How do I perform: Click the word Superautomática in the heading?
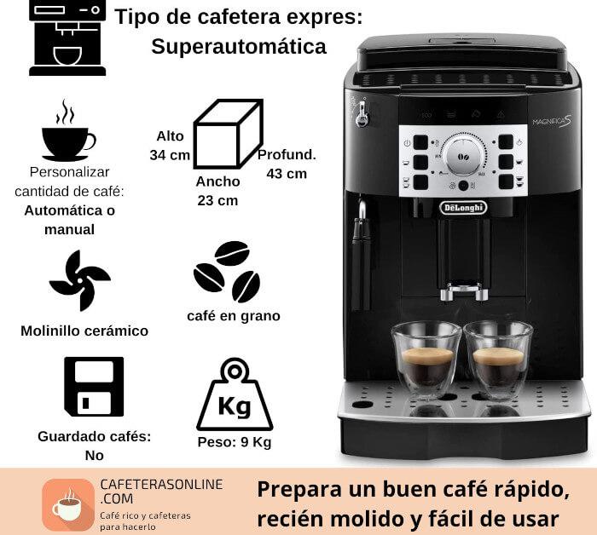[x=239, y=47]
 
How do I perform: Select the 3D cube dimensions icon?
[x=229, y=134]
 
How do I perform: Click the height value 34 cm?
[x=170, y=155]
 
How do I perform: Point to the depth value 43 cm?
[x=287, y=174]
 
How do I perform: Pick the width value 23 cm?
[x=217, y=200]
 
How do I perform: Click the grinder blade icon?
[x=80, y=280]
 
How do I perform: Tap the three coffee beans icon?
[x=228, y=272]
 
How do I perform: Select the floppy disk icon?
[x=94, y=386]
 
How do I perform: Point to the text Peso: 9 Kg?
[x=235, y=442]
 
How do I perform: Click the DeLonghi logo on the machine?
[x=463, y=208]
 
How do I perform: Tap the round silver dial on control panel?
[x=463, y=156]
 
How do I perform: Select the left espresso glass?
[x=426, y=360]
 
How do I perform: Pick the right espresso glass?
[x=498, y=360]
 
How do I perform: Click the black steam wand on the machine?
[x=361, y=255]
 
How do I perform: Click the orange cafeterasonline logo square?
[x=68, y=504]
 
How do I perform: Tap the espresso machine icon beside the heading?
[x=67, y=37]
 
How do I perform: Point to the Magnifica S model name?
[x=552, y=122]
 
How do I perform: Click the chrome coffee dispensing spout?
[x=464, y=291]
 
